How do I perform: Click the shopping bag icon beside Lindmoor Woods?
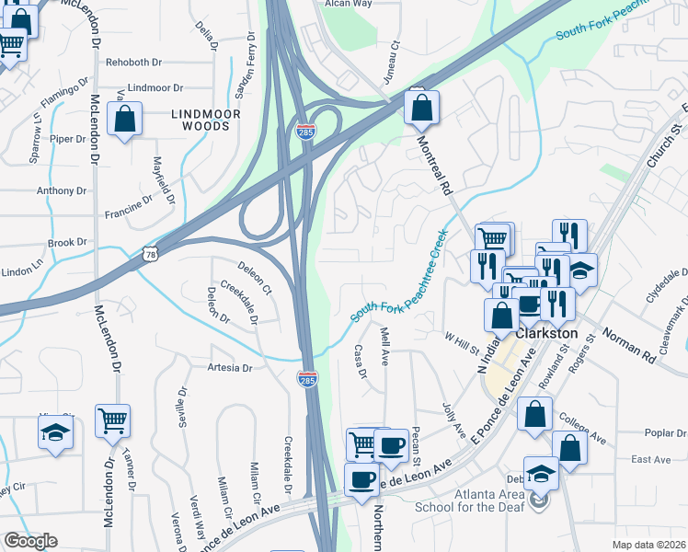coord(124,120)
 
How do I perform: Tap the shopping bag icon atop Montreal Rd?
coord(420,108)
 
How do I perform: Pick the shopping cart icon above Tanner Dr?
coord(112,422)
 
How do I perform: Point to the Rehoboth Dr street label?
coord(133,63)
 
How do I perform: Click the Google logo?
coord(30,541)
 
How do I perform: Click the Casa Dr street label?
coord(361,362)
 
